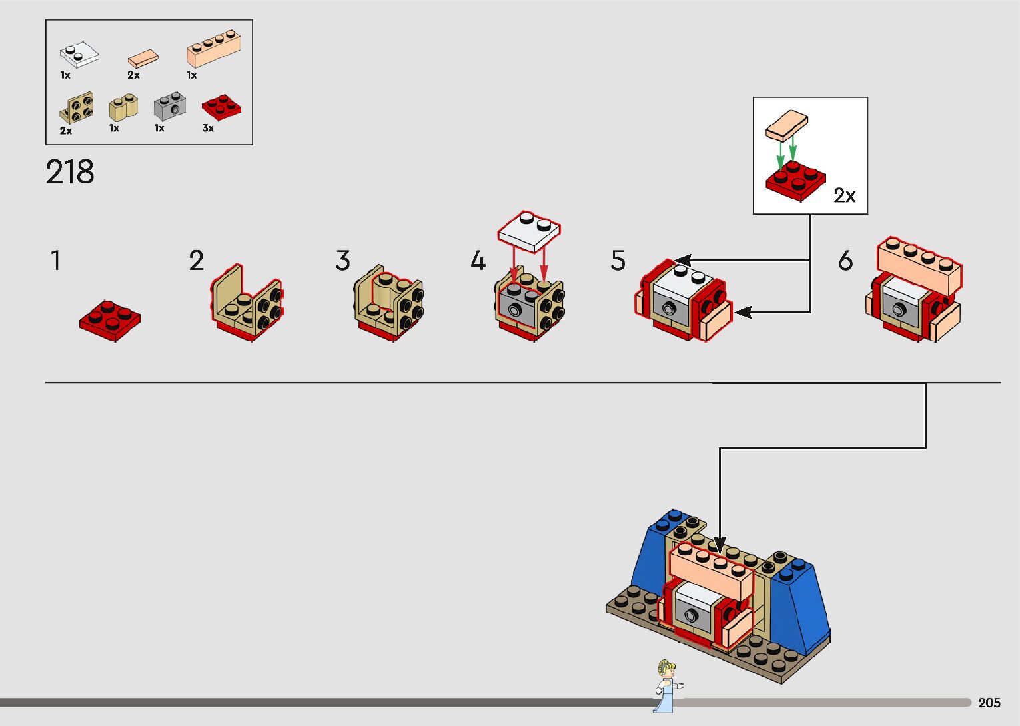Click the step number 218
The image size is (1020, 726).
(x=70, y=172)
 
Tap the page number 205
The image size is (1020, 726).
(x=989, y=703)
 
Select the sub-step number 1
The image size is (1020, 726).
(x=56, y=261)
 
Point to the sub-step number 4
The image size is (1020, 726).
(x=478, y=261)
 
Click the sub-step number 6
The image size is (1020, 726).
(x=845, y=261)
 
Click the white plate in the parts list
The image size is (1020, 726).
(x=79, y=56)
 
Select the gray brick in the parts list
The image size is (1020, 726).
(x=170, y=106)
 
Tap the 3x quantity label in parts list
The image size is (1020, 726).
(x=208, y=128)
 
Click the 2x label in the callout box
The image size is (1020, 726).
(x=844, y=195)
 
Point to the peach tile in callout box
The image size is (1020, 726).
(x=786, y=126)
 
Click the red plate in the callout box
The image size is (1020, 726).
(x=795, y=180)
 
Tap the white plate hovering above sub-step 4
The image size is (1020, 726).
(x=530, y=231)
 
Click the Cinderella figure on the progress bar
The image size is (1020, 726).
(x=665, y=685)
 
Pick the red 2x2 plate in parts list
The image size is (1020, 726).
(x=221, y=107)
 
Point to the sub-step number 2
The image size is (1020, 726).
(x=196, y=261)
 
